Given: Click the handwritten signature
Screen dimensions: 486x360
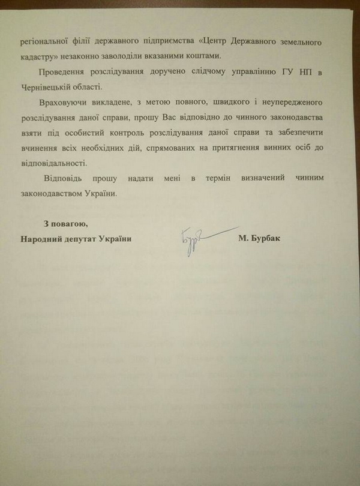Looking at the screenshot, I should pos(201,238).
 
